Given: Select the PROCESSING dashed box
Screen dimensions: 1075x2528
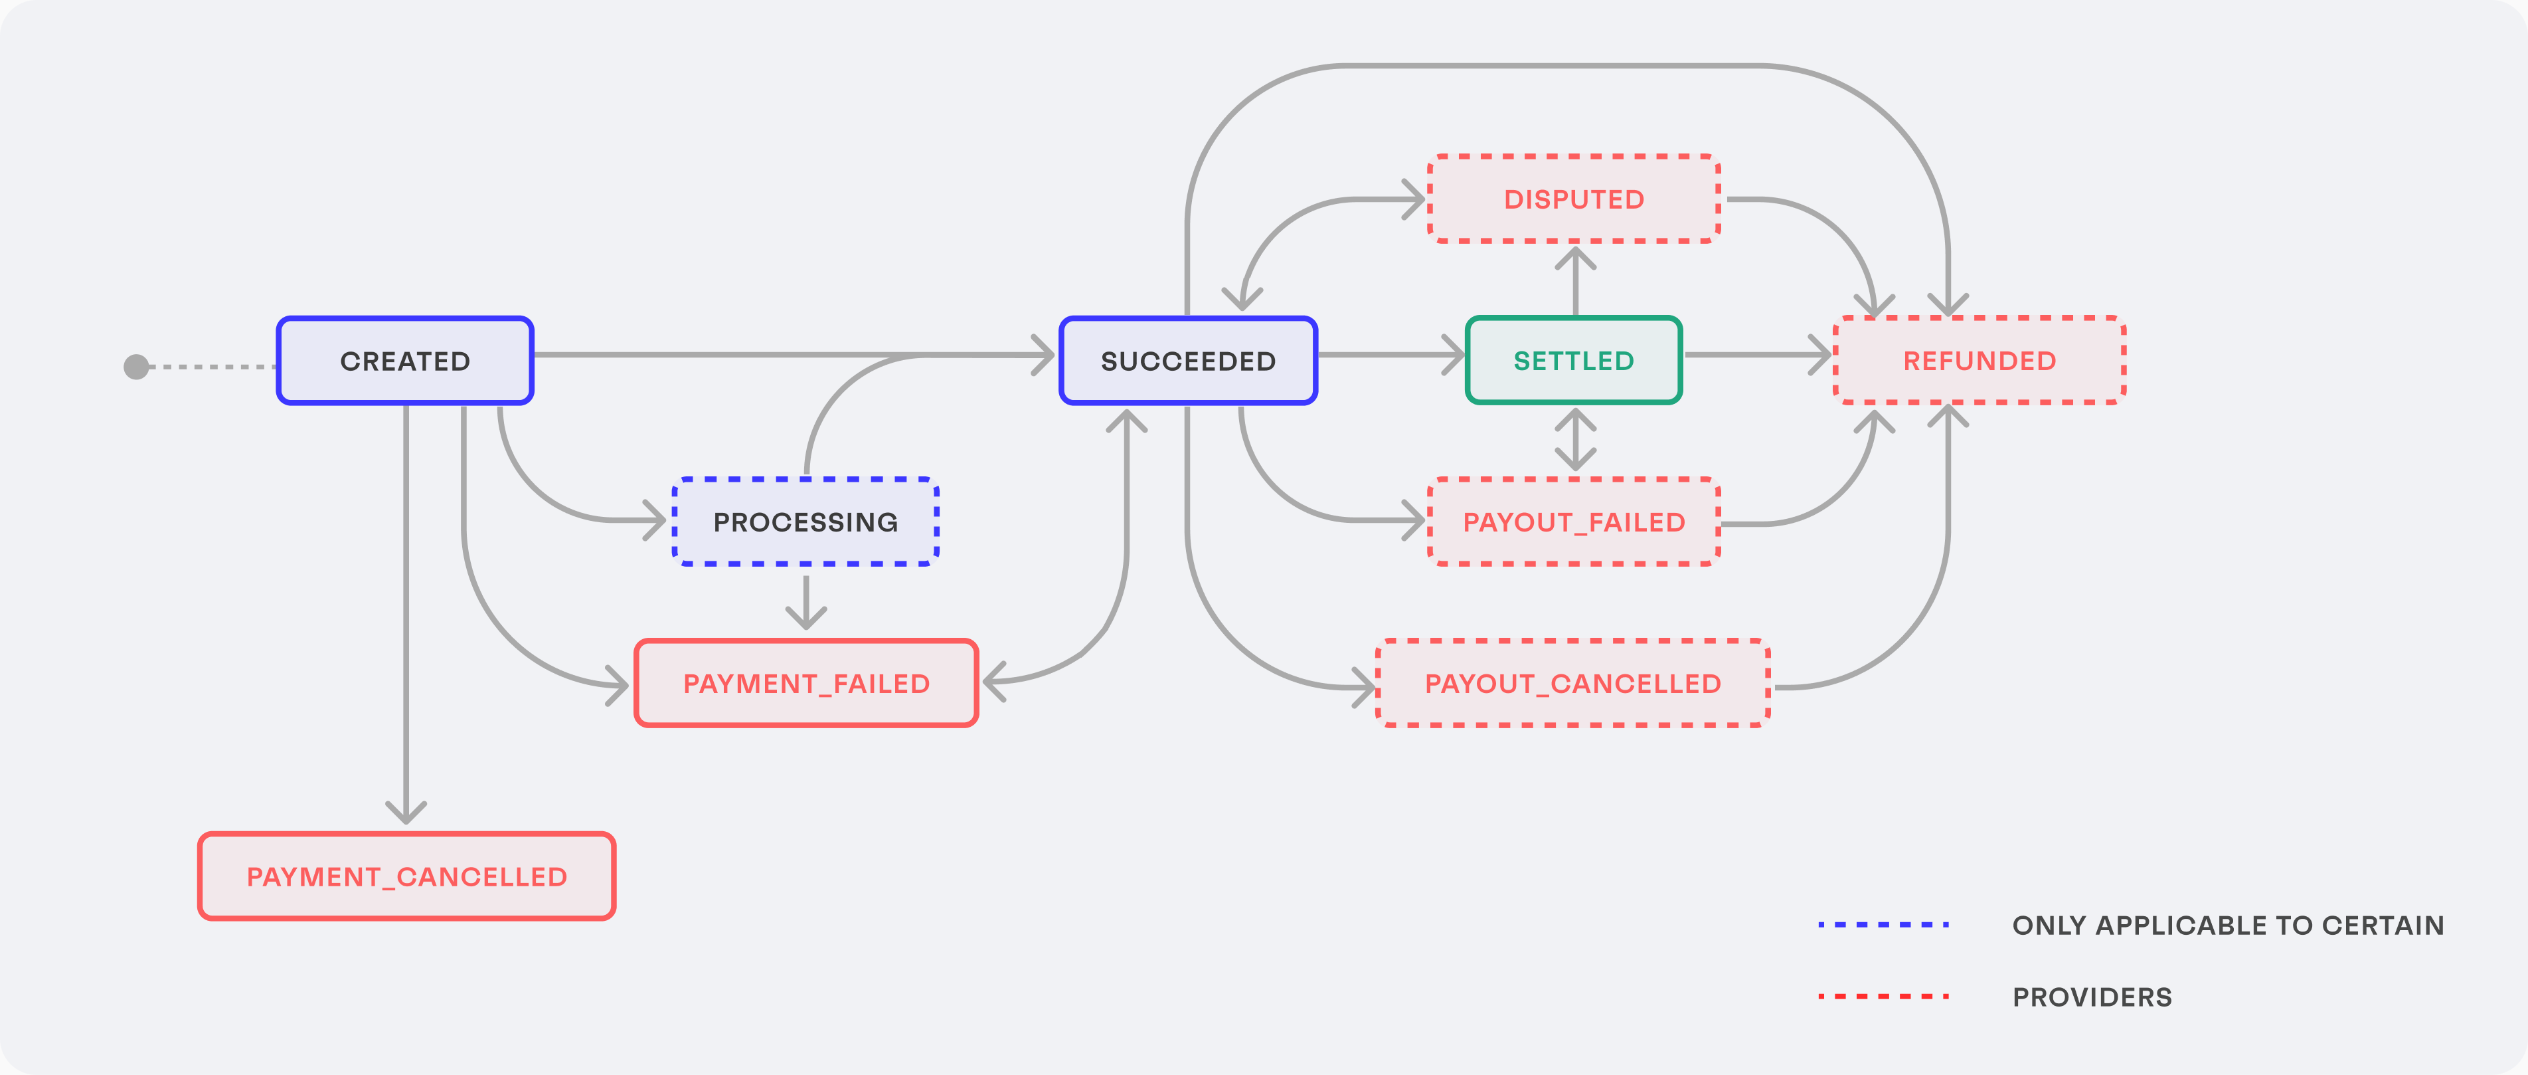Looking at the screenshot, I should (x=805, y=522).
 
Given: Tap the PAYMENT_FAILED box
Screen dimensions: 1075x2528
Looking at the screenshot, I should (x=805, y=683).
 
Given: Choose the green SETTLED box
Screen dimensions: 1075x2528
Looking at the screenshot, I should (x=1573, y=360).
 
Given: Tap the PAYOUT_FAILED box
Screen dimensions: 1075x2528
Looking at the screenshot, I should (x=1573, y=522).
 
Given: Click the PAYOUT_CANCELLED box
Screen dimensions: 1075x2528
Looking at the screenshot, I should (x=1572, y=683).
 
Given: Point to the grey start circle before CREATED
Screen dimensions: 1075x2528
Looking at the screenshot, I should (x=136, y=366).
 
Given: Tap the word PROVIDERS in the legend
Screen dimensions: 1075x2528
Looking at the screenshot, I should (x=2091, y=997).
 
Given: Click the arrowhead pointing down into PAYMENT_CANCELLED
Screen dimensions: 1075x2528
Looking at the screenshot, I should (x=405, y=813).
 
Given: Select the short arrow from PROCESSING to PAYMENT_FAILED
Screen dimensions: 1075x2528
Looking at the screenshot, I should (x=805, y=601).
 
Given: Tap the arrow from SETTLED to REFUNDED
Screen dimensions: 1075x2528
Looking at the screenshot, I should (x=1756, y=354).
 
